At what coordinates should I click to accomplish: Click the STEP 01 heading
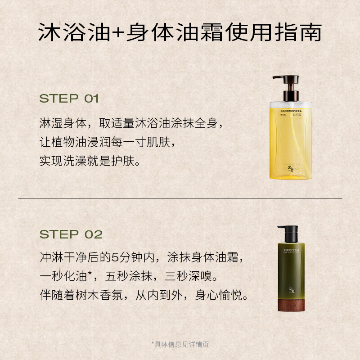[69, 99]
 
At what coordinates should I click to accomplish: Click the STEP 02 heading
[71, 234]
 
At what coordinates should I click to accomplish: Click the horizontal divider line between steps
[180, 198]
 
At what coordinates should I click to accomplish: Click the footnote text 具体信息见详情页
[180, 345]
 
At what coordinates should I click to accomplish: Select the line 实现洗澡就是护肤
[90, 161]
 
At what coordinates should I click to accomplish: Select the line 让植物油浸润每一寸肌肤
[106, 142]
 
